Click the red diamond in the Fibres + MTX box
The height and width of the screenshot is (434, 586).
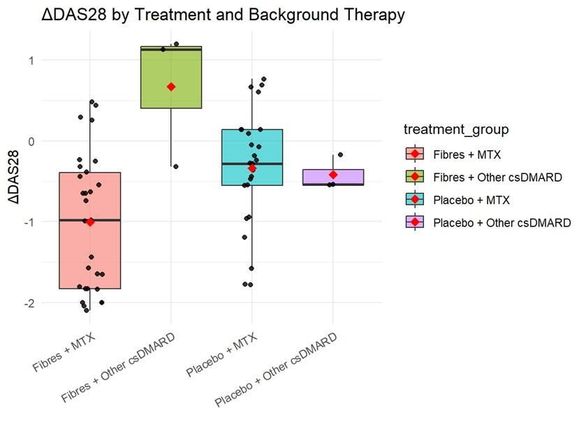pyautogui.click(x=90, y=222)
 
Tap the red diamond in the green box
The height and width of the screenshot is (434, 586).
pyautogui.click(x=171, y=87)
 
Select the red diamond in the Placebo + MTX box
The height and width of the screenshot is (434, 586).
pyautogui.click(x=252, y=168)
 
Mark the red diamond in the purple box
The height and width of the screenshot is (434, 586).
pyautogui.click(x=333, y=175)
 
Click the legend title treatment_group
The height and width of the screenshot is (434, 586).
pyautogui.click(x=456, y=129)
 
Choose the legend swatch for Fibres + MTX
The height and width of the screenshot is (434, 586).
pyautogui.click(x=415, y=154)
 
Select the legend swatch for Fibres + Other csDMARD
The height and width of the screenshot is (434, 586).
pyautogui.click(x=415, y=178)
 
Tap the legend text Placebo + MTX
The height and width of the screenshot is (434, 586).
pyautogui.click(x=471, y=200)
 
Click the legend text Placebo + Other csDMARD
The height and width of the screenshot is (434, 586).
pyautogui.click(x=501, y=223)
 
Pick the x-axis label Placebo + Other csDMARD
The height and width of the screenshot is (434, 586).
pyautogui.click(x=277, y=370)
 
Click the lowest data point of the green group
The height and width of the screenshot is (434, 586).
pyautogui.click(x=175, y=166)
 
